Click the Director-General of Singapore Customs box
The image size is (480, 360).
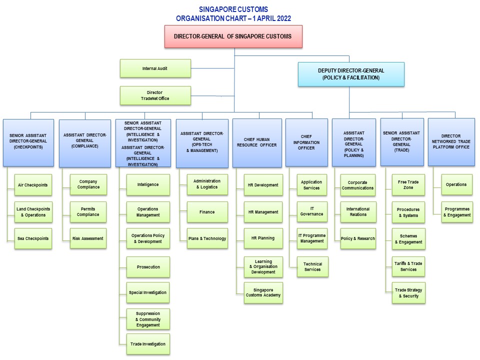(x=233, y=36)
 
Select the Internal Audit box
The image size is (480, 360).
(x=155, y=68)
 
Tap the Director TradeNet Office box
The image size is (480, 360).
(x=155, y=95)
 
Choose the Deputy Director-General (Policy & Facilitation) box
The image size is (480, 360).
(x=351, y=74)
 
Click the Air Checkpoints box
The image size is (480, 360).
(x=33, y=185)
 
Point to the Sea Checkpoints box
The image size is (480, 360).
(x=33, y=238)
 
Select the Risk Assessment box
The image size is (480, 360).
(x=88, y=238)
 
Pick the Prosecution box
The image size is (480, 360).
(x=148, y=267)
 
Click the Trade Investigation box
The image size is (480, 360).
(x=148, y=344)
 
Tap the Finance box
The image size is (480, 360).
(x=207, y=212)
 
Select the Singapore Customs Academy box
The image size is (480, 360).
(x=263, y=292)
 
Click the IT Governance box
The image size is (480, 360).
(x=312, y=211)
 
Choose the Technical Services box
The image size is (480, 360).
(x=312, y=266)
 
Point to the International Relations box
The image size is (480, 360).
(x=358, y=211)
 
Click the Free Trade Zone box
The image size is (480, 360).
(x=408, y=185)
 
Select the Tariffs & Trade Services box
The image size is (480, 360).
(x=408, y=266)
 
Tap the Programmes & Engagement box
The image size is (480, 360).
(x=456, y=212)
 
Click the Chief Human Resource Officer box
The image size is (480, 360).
(x=257, y=142)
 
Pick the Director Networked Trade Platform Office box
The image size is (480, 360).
(x=451, y=141)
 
